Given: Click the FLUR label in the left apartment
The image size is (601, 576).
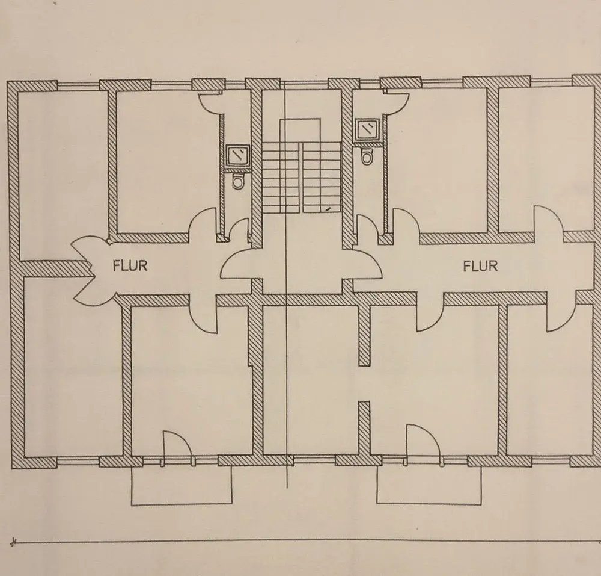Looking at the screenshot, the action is [x=130, y=265].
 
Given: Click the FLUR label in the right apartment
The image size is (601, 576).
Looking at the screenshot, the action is [x=480, y=265].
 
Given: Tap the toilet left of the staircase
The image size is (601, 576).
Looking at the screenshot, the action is [x=238, y=180].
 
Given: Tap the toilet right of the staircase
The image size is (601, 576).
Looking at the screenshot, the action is [x=366, y=156].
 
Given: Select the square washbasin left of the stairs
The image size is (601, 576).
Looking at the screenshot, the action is [x=239, y=155].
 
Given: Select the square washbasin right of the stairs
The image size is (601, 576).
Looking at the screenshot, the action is [x=366, y=128].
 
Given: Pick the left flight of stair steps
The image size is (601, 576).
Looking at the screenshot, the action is [x=280, y=177].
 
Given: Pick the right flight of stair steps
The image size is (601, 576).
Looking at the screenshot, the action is [x=322, y=177].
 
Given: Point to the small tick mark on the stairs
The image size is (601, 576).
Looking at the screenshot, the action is [x=328, y=208].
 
